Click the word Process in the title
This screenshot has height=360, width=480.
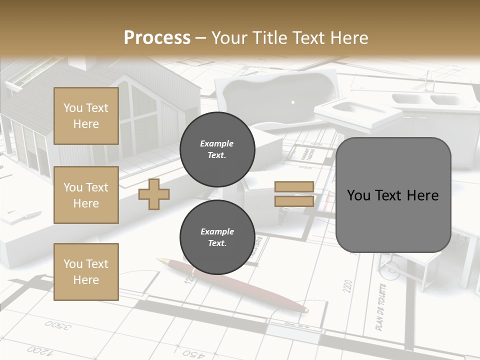coord(157,38)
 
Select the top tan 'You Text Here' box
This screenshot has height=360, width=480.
coord(86,116)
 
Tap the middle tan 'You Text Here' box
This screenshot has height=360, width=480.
coord(86,195)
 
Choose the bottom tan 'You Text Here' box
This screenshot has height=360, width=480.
coord(86,271)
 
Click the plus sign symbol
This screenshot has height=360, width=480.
coord(154,194)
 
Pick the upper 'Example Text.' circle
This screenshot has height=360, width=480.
coord(217,149)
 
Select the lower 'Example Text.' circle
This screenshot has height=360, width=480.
coord(217,237)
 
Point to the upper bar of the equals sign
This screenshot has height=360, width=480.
coord(294,187)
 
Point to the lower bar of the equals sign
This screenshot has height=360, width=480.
coord(294,201)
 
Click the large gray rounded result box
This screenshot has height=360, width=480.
coord(393,195)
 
